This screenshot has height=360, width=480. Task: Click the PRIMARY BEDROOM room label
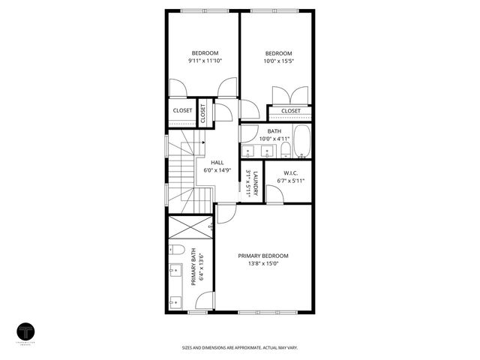[x=262, y=256]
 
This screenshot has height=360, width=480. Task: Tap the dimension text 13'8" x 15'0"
[x=262, y=263]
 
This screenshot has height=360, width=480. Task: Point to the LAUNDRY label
[x=256, y=184]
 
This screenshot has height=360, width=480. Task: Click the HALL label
[x=217, y=162]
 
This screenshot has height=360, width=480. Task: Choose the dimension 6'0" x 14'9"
[x=217, y=170]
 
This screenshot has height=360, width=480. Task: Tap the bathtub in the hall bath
[x=302, y=142]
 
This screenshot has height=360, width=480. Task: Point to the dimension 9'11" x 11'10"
[x=205, y=61]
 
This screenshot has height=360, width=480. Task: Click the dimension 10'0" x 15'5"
[x=278, y=61]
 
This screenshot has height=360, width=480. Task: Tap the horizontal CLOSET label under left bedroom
[x=182, y=111]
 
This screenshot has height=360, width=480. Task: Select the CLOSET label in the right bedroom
[x=290, y=111]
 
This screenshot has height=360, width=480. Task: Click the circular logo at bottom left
[x=28, y=331]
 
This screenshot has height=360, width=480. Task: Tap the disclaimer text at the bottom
[x=239, y=347]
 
